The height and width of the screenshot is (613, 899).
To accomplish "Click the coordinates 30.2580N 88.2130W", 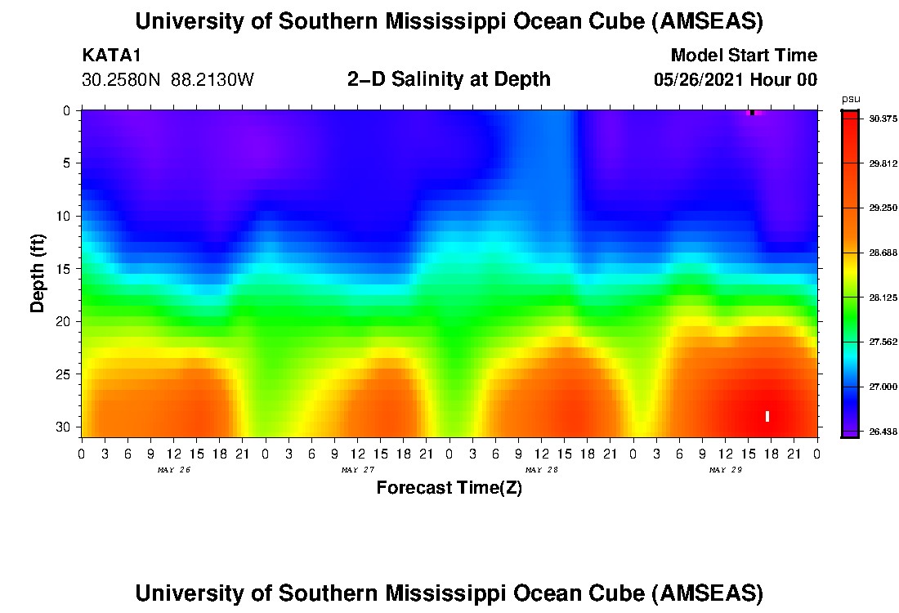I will [x=168, y=80].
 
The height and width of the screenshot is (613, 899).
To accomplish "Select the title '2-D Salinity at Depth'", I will [x=449, y=79].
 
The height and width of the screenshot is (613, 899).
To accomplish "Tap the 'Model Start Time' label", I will [x=743, y=56].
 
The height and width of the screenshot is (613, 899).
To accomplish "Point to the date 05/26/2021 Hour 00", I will [x=735, y=80].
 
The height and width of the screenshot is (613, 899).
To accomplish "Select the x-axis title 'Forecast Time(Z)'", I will [x=449, y=488].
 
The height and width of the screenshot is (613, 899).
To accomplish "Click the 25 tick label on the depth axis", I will [x=66, y=374].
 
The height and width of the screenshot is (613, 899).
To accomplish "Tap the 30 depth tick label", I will [x=66, y=427].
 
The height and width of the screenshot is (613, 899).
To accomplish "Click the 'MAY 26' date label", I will [x=173, y=470].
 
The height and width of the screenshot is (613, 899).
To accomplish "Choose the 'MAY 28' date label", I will [x=541, y=470].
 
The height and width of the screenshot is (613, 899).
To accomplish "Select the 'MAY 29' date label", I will [x=725, y=470].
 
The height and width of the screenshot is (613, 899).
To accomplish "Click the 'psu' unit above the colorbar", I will [x=850, y=99].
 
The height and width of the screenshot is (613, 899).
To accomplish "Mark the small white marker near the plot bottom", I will [x=767, y=416].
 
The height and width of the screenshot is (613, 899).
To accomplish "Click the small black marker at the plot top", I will [x=752, y=113].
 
